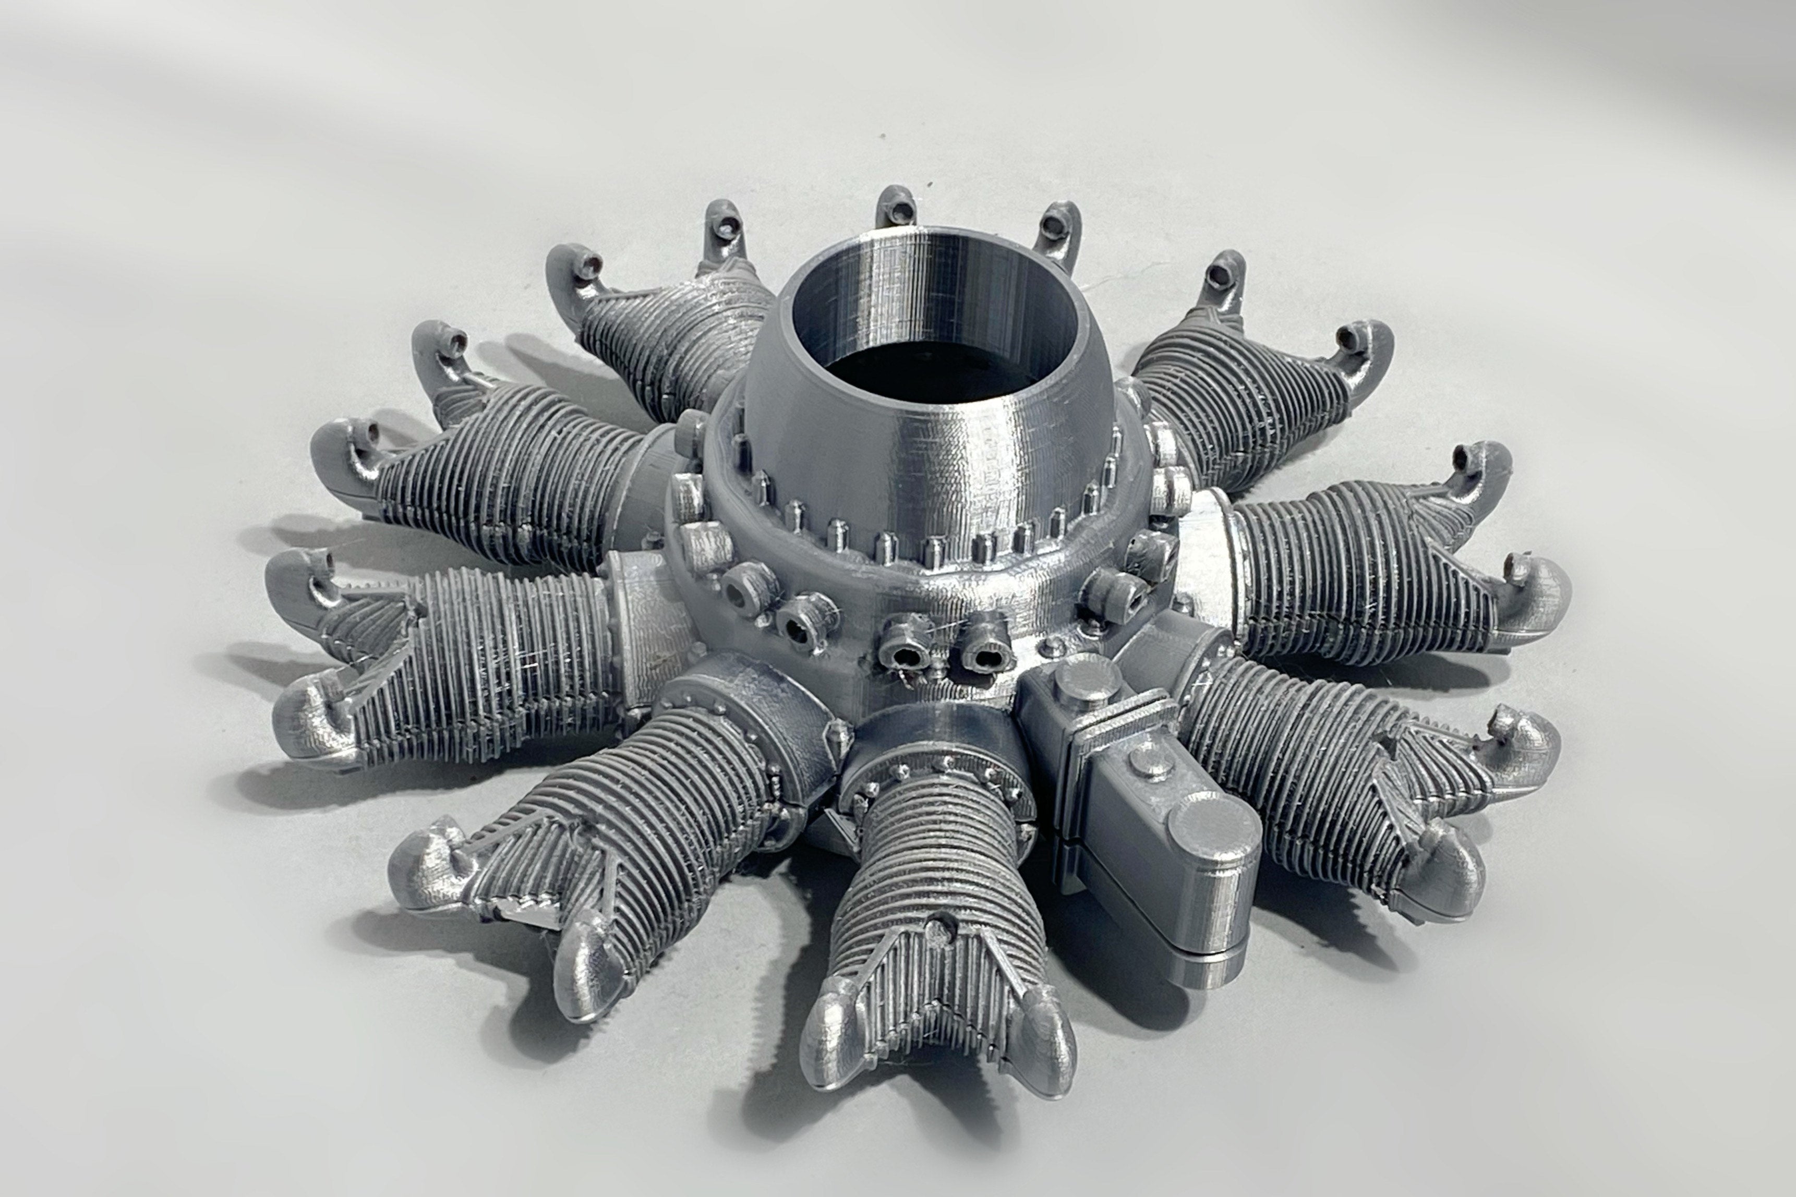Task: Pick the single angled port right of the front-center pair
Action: point(1114,588)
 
